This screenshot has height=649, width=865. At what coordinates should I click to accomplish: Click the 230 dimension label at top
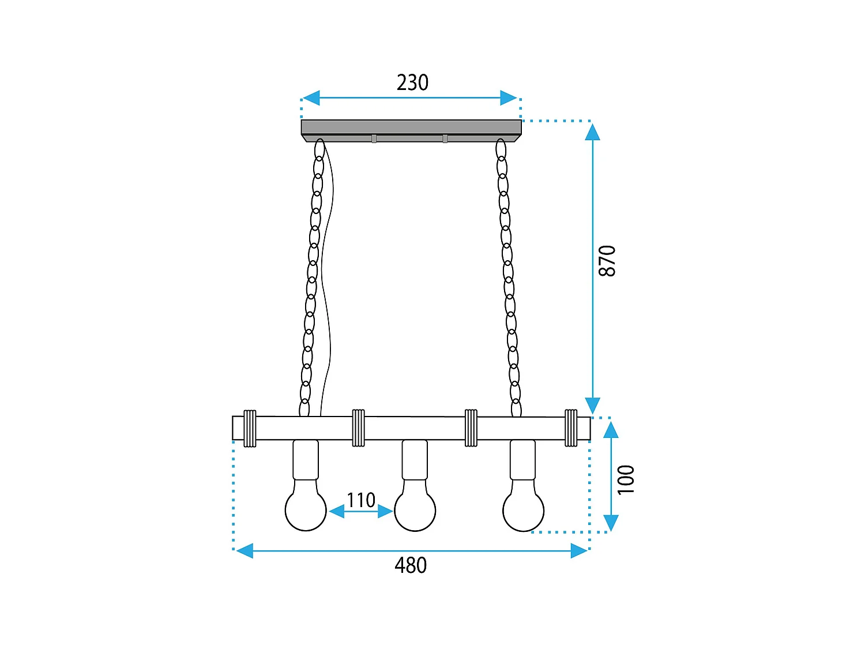tap(412, 82)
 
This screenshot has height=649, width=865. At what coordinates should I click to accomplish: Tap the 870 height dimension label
tap(607, 261)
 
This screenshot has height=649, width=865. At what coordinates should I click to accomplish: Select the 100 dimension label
tap(626, 479)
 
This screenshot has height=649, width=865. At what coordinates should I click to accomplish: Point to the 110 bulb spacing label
tap(361, 500)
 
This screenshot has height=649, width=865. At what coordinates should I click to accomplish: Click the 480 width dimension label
tap(411, 565)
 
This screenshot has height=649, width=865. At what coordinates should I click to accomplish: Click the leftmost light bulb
tap(306, 509)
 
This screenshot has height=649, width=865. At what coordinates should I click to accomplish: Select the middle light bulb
tap(415, 510)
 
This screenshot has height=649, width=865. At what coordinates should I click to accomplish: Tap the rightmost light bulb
tap(523, 510)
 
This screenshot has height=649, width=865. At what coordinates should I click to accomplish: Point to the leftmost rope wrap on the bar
tap(250, 428)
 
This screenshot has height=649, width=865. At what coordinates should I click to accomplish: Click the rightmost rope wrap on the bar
tap(571, 428)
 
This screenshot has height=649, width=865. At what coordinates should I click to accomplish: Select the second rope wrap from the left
tap(359, 428)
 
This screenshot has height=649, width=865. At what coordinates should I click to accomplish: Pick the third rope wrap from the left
tap(471, 428)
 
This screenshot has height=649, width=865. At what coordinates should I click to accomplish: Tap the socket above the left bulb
tap(306, 460)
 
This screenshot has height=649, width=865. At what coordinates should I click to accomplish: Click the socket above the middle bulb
tap(415, 460)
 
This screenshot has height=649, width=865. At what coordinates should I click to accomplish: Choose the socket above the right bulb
tap(523, 460)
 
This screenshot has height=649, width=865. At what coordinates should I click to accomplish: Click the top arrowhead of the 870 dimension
tap(592, 133)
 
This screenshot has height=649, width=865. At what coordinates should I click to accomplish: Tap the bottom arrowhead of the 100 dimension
tap(611, 522)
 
